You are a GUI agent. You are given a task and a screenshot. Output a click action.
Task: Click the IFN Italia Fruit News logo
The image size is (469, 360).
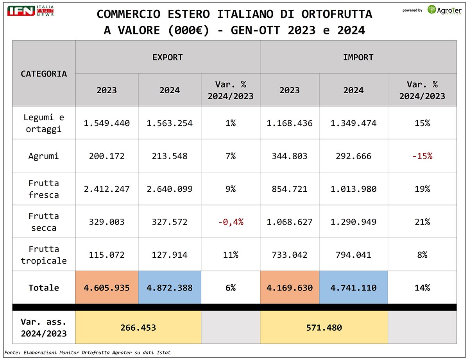[30, 11]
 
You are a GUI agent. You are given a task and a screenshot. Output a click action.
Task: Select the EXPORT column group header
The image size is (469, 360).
[167, 57]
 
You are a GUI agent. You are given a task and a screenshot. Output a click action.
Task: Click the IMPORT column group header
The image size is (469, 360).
[358, 57]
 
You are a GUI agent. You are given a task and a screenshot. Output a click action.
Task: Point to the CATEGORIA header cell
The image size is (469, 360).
[44, 73]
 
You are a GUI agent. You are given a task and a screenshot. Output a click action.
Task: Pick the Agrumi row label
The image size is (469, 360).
[44, 156]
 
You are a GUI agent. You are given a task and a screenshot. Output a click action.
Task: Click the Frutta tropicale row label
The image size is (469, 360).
[44, 255]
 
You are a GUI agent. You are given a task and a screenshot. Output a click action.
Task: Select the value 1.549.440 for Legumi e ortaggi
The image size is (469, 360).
[107, 123]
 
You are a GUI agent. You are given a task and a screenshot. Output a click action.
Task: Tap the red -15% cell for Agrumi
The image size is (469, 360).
[422, 156]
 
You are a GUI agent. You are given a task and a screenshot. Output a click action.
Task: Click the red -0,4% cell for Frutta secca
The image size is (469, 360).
[231, 222]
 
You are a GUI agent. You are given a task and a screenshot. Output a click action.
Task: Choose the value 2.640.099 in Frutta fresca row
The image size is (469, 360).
[170, 189]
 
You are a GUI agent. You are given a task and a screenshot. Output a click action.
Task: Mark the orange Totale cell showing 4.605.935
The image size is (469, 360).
[107, 288]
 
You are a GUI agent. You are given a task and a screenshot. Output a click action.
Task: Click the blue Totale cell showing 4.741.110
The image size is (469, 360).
[353, 288]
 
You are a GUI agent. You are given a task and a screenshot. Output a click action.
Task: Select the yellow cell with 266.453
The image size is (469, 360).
[138, 328]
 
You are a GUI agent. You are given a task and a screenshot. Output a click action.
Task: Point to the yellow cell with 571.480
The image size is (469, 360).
[324, 328]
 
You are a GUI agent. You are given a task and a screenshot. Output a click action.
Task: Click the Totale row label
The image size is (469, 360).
[44, 288]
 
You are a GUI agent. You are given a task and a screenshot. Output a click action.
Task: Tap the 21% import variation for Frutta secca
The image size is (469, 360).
[422, 222]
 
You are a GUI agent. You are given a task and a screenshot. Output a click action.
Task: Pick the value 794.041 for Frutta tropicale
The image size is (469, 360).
[353, 255]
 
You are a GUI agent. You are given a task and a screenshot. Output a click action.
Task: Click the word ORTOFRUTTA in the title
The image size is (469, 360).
[337, 14]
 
